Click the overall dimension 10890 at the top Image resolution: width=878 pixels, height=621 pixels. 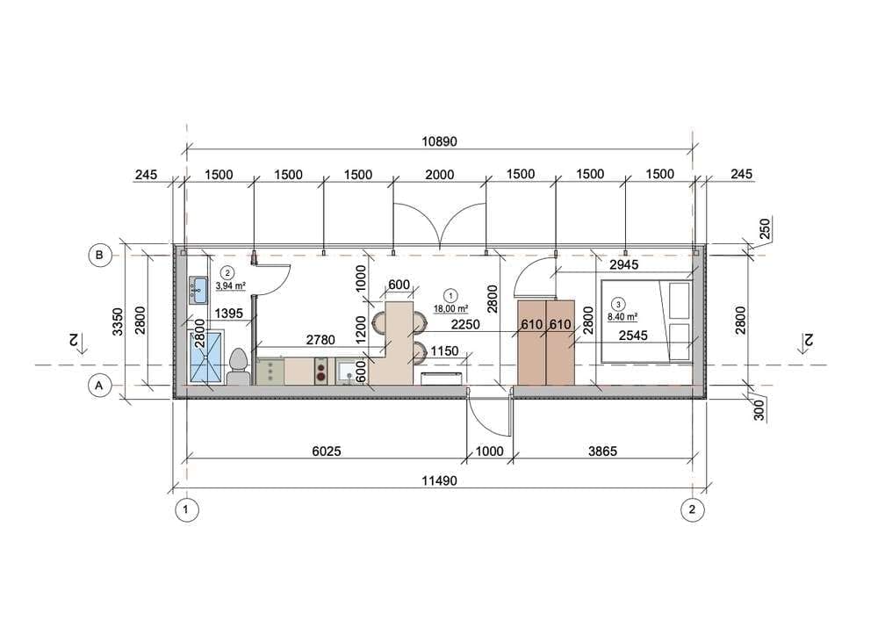[439, 141]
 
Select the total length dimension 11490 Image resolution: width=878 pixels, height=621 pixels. [439, 480]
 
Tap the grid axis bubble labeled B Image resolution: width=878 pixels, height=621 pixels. [100, 256]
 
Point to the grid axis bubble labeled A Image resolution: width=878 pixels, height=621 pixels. [100, 386]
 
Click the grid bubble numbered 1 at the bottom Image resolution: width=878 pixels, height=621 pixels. [186, 509]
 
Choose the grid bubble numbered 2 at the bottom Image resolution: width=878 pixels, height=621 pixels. [692, 509]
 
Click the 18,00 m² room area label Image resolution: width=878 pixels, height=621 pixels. [450, 308]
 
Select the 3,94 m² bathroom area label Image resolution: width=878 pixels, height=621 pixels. [231, 285]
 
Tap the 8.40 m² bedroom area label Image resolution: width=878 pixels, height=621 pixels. [623, 317]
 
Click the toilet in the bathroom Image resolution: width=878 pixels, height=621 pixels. [239, 367]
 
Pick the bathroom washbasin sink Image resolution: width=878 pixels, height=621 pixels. [198, 290]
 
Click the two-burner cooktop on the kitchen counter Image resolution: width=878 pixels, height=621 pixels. [321, 372]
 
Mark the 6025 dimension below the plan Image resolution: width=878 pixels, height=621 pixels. [327, 451]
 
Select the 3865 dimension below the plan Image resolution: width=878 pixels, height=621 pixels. [602, 451]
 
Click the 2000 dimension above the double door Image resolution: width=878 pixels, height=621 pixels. [440, 175]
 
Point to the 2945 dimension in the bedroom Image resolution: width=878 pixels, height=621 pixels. [623, 264]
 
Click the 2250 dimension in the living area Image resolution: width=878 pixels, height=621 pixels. [465, 325]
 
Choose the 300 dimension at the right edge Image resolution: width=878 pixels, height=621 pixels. [759, 410]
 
